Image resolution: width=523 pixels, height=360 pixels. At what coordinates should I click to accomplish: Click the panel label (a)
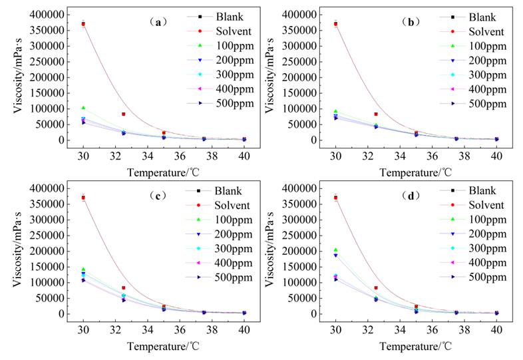click(x=158, y=22)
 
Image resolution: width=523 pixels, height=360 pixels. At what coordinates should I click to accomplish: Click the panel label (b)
click(x=411, y=22)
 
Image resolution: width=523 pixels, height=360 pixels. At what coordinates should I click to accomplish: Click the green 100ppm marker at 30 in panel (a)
click(x=83, y=108)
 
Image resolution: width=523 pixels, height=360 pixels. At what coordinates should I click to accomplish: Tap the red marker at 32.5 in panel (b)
click(x=376, y=114)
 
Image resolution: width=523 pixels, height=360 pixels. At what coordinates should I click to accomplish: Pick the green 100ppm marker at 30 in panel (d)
click(x=335, y=250)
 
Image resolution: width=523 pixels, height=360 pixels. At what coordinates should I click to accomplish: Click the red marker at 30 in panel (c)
click(x=83, y=198)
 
